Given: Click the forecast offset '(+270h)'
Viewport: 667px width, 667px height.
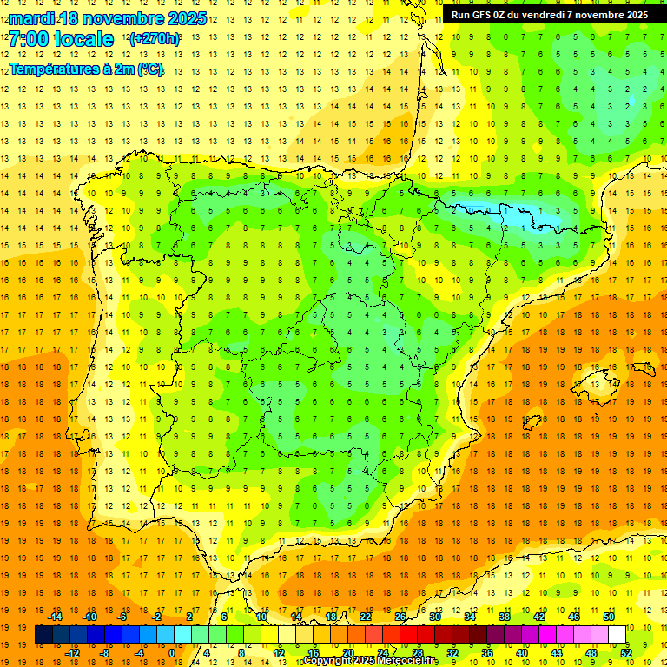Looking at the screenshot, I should click(x=155, y=39).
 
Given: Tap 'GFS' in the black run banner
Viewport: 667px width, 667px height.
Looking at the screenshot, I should click(x=489, y=15).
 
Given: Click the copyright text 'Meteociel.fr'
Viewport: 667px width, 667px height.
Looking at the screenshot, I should click(x=406, y=661).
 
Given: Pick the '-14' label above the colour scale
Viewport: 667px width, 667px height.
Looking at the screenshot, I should click(x=55, y=617).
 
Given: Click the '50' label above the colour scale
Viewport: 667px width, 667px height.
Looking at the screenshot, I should click(x=609, y=617).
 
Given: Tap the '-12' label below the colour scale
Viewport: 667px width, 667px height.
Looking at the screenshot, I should click(x=72, y=652).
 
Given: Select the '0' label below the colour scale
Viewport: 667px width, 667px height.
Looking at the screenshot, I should click(x=171, y=652).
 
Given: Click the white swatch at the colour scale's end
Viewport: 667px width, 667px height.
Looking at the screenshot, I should click(x=617, y=635).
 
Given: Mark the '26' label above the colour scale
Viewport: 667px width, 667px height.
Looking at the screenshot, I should click(x=400, y=617).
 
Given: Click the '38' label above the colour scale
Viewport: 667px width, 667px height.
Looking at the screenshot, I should click(x=505, y=617).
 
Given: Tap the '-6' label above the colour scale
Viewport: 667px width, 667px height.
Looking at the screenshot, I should click(x=122, y=617).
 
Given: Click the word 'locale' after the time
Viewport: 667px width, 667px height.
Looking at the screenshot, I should click(x=83, y=39).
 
